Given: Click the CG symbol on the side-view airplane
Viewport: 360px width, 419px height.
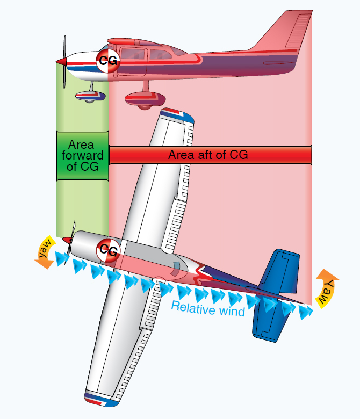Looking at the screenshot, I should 108,61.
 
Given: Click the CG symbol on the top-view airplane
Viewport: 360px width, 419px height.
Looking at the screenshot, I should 108,250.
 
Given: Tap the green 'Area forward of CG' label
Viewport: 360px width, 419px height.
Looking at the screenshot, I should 82,156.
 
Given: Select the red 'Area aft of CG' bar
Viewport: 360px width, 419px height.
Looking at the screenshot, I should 210,155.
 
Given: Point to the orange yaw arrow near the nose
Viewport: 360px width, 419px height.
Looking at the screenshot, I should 46,252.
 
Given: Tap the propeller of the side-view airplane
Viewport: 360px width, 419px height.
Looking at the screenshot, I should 65,62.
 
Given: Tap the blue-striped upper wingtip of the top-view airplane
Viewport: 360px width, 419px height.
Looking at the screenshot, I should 177,115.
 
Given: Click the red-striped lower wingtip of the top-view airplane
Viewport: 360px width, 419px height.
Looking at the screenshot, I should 102,400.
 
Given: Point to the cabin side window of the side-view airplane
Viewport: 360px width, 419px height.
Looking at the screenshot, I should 159,54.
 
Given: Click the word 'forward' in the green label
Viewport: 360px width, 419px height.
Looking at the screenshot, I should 82,155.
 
